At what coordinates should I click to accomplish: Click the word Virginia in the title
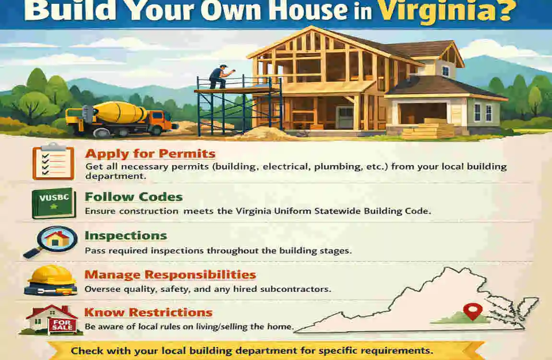(x=446, y=11)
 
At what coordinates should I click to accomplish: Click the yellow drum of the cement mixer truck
(x=120, y=112)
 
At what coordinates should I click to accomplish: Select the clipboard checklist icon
(x=53, y=161)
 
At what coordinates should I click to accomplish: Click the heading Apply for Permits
(x=150, y=154)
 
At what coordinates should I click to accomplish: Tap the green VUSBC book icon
(x=53, y=204)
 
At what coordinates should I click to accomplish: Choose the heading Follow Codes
(x=134, y=197)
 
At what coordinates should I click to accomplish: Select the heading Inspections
(x=126, y=235)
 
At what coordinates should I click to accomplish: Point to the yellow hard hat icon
(x=51, y=280)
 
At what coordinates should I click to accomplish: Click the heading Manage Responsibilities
(x=170, y=275)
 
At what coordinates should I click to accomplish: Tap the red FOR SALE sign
(x=62, y=325)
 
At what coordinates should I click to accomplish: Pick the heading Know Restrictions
(x=148, y=312)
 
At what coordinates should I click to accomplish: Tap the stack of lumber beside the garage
(x=428, y=129)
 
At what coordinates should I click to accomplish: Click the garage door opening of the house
(x=422, y=113)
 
